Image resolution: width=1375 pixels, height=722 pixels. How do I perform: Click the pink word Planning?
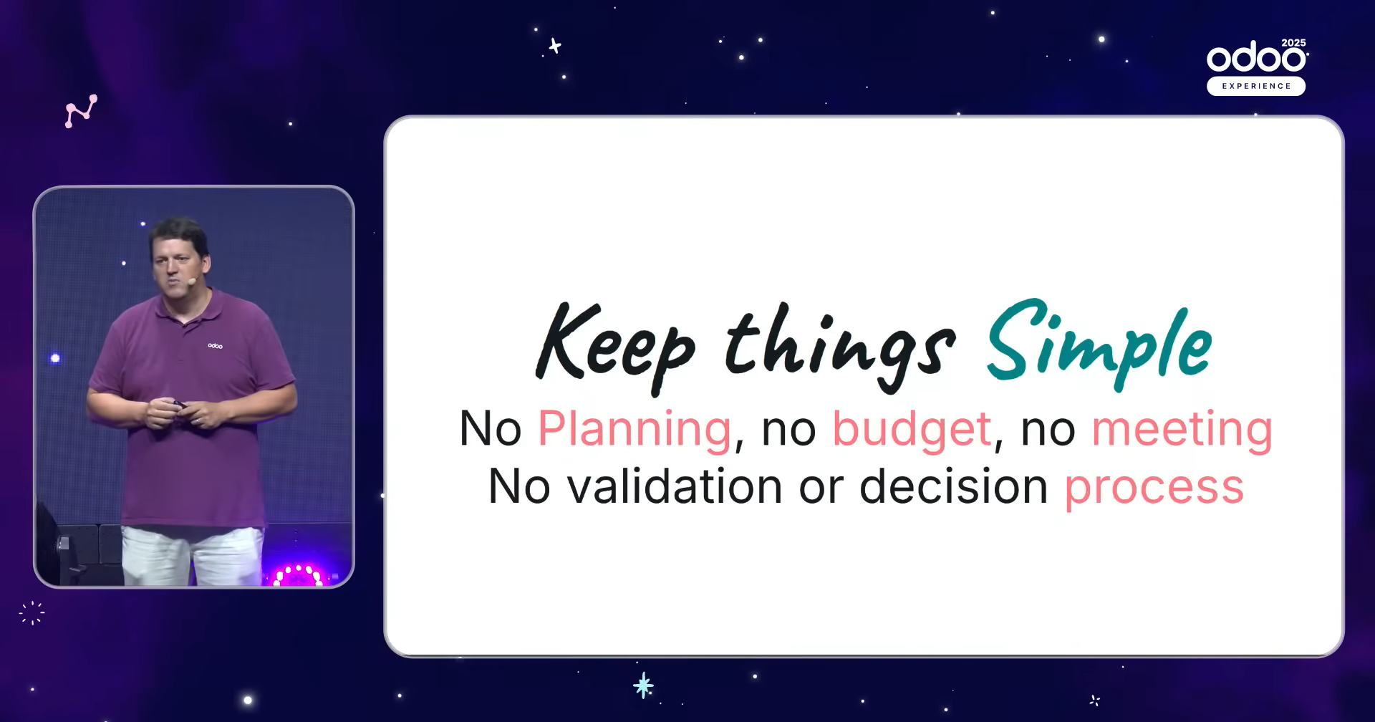tap(635, 430)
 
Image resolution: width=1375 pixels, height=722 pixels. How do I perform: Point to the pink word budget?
tap(912, 430)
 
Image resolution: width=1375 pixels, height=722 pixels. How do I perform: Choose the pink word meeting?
tap(1182, 430)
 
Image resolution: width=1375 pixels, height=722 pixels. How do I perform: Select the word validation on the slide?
tap(675, 486)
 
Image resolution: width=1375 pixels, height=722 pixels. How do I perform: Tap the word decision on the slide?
tap(953, 486)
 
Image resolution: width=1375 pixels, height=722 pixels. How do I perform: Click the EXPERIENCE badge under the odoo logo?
tap(1256, 86)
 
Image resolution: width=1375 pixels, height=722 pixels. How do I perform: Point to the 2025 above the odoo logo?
tap(1293, 43)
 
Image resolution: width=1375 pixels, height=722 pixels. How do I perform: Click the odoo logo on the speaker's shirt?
tap(215, 346)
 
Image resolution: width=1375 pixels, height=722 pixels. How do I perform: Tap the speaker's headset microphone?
tap(191, 281)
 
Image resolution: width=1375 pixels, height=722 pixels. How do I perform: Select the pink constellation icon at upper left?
tap(81, 111)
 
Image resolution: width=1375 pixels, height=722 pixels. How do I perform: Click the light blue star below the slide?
tap(643, 685)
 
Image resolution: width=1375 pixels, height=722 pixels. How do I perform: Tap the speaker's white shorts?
tap(192, 556)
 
